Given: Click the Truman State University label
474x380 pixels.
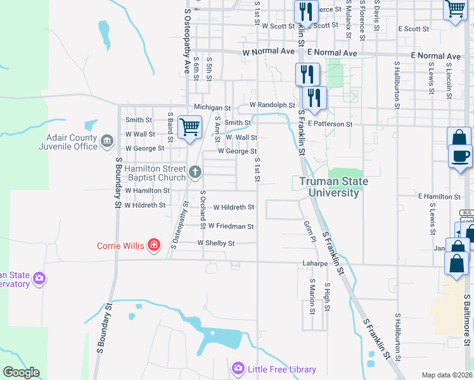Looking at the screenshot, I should tap(330, 187).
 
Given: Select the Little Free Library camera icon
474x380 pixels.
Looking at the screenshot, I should tap(238, 368).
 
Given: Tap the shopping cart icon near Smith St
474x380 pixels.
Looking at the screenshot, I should tap(189, 127).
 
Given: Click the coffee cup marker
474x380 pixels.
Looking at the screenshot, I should tap(461, 155).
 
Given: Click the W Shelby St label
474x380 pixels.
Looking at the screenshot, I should tap(215, 243).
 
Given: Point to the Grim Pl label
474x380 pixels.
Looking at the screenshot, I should tap(309, 232).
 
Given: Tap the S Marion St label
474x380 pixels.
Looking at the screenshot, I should tap(312, 296).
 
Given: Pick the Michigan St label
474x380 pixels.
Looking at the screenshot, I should tap(212, 108).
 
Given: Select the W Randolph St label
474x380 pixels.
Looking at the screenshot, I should tap(272, 105).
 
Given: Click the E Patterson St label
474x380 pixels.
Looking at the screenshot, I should tap(330, 124).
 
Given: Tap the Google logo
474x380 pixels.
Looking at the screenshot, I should tap(21, 372).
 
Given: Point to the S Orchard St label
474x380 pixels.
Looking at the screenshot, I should tap(203, 210).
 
